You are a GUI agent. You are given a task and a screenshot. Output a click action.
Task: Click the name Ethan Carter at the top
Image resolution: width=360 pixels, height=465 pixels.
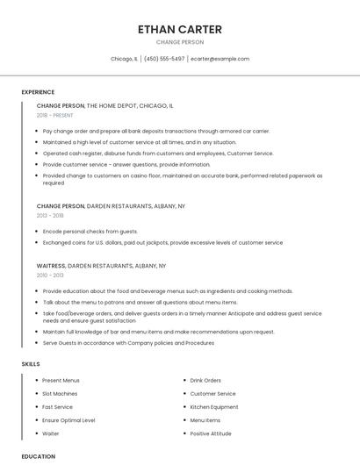click(x=179, y=29)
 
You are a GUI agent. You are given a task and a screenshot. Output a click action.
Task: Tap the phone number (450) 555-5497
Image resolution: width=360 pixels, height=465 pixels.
click(x=164, y=59)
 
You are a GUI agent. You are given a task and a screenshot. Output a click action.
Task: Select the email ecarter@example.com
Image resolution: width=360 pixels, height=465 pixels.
click(x=220, y=59)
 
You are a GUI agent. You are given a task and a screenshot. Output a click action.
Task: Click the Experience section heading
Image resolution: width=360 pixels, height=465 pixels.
click(x=38, y=92)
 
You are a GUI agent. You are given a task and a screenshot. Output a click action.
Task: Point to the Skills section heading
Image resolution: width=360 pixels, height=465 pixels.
click(x=31, y=363)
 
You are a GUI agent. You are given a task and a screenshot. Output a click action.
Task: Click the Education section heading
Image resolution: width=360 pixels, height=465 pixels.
click(x=38, y=456)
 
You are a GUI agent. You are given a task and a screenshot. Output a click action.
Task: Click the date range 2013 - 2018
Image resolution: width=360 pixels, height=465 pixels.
click(x=50, y=215)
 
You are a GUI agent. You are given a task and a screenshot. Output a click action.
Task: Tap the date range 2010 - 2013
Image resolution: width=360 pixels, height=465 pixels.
click(x=50, y=275)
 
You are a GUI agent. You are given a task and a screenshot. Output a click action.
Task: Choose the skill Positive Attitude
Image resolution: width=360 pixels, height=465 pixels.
click(x=211, y=433)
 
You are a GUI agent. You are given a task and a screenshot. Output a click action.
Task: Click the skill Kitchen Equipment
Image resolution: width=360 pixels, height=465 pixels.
click(x=214, y=407)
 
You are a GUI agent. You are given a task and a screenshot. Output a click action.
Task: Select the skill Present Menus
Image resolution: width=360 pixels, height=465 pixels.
click(x=61, y=381)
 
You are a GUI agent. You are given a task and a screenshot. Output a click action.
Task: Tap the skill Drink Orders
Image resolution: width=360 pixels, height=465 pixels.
click(x=205, y=381)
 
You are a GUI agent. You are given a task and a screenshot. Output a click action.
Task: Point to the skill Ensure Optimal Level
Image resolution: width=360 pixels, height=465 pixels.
click(x=68, y=420)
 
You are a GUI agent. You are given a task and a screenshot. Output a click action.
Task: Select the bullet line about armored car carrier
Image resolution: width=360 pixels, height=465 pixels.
click(x=155, y=131)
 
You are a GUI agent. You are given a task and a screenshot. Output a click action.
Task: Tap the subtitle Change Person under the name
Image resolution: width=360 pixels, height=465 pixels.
click(x=179, y=42)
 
